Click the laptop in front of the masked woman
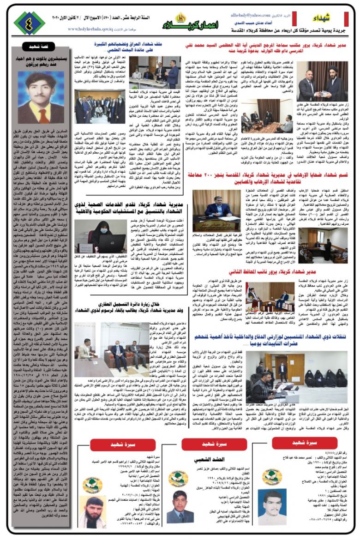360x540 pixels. click(x=110, y=241)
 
